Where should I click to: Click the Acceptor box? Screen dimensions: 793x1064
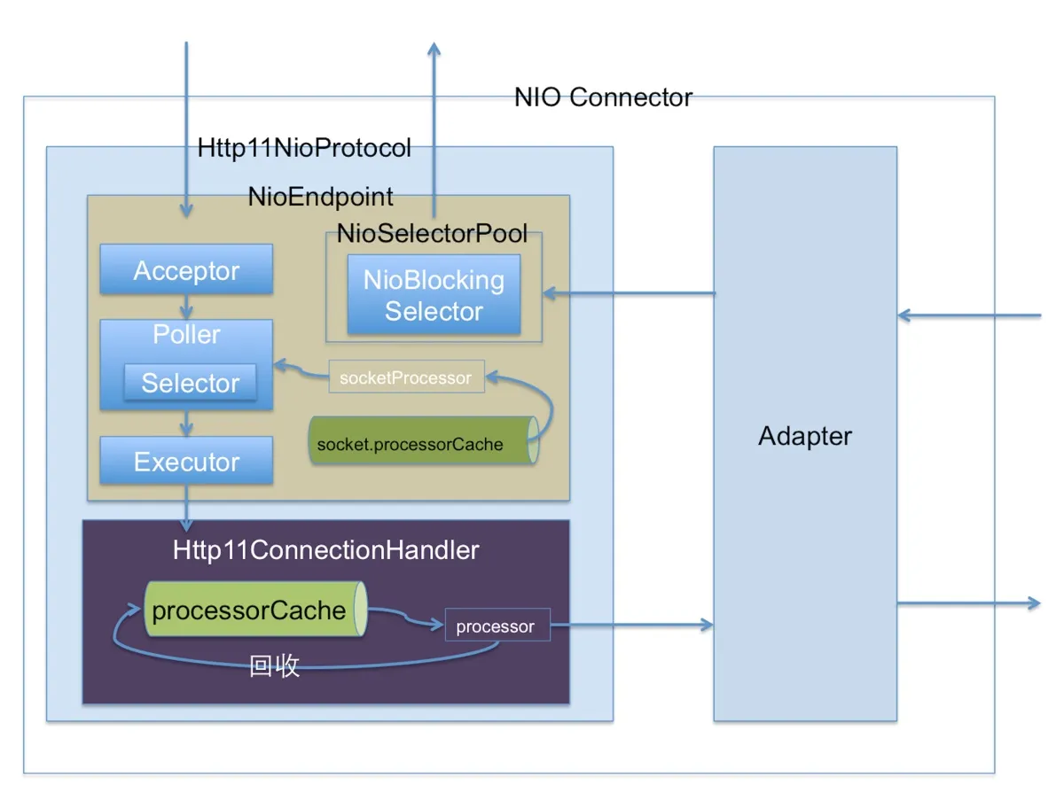coord(186,270)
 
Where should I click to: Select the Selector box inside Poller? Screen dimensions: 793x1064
coord(190,383)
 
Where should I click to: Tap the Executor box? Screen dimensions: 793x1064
coord(186,462)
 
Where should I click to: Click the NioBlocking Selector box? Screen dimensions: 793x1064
coord(434,295)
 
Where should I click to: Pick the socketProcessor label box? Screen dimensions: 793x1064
coord(406,377)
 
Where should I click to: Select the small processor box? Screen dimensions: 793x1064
coord(497,626)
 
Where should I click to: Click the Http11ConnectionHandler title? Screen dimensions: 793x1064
coord(325,549)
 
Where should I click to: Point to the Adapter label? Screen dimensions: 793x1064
coord(805,436)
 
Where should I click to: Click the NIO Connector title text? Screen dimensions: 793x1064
coord(603,97)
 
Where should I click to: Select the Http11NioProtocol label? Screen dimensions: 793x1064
coord(304,148)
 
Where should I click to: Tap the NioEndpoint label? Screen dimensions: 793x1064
coord(320,196)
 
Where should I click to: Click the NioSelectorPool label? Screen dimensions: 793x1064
coord(432,233)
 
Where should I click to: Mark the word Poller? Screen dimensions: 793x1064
coord(186,334)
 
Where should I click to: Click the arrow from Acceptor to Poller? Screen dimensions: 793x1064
coord(186,308)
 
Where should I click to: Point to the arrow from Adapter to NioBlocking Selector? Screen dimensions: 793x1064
coord(630,293)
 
